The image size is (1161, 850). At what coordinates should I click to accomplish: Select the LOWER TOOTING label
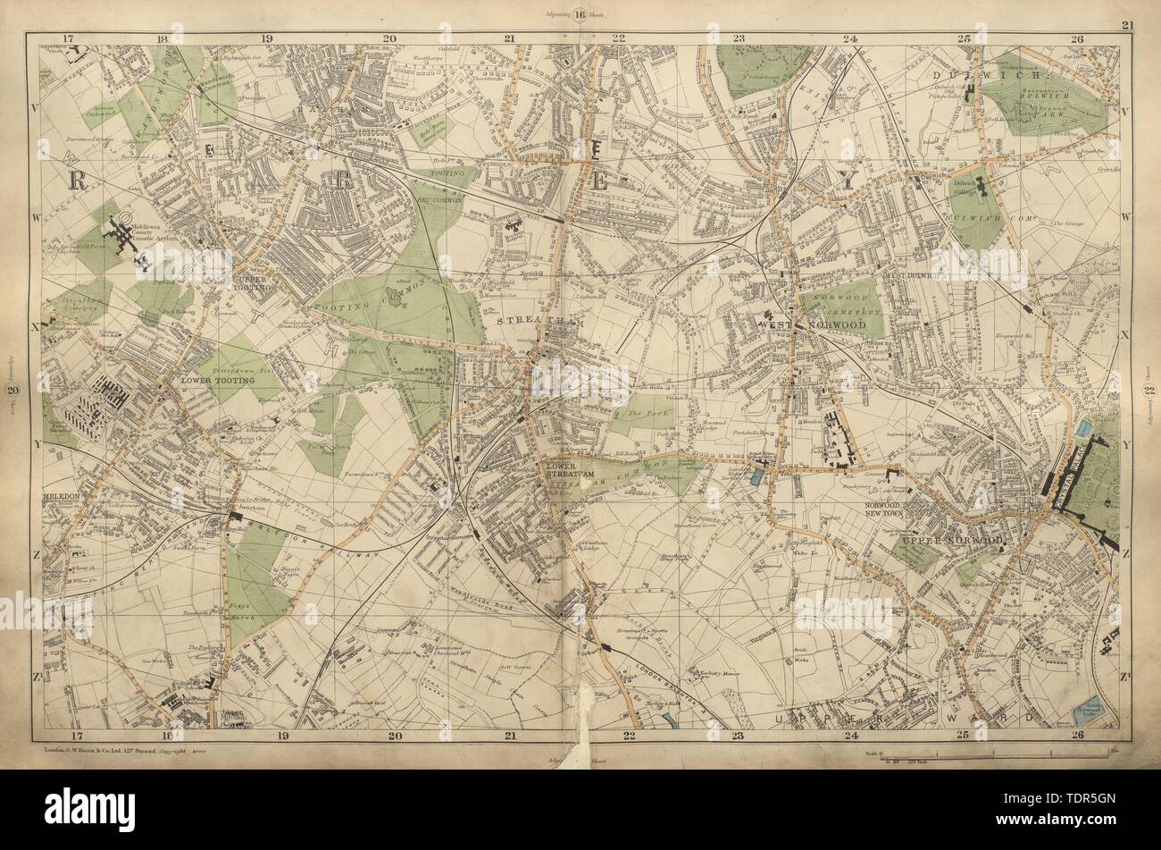tap(218, 380)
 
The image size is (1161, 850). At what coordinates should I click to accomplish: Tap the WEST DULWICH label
tap(909, 276)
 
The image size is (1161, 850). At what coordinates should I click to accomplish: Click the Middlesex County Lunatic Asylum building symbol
tap(124, 236)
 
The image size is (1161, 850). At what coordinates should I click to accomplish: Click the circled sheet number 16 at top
tap(580, 13)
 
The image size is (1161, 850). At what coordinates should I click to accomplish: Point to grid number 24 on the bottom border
tap(851, 736)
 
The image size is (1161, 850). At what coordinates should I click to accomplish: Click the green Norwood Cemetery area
tap(843, 313)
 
